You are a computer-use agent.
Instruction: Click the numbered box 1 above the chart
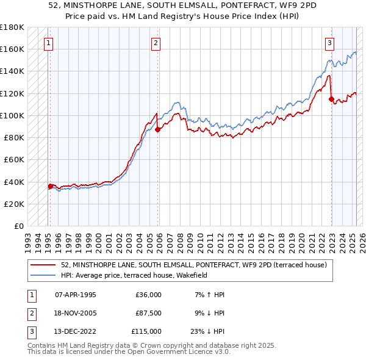pos(48,43)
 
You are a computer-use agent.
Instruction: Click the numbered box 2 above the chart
pos(156,43)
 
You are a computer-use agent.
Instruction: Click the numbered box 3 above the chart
pos(329,43)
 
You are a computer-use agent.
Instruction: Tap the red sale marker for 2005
pos(157,129)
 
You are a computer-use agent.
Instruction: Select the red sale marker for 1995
pos(50,186)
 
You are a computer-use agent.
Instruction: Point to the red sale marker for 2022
pos(331,99)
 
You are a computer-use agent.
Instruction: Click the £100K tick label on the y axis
pos(12,115)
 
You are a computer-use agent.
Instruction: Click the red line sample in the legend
pos(43,265)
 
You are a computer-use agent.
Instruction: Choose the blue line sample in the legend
pos(43,275)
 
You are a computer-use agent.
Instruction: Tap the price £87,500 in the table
pos(148,313)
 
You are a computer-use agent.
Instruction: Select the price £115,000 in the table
pos(146,331)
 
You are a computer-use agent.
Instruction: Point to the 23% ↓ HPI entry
pos(207,331)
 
